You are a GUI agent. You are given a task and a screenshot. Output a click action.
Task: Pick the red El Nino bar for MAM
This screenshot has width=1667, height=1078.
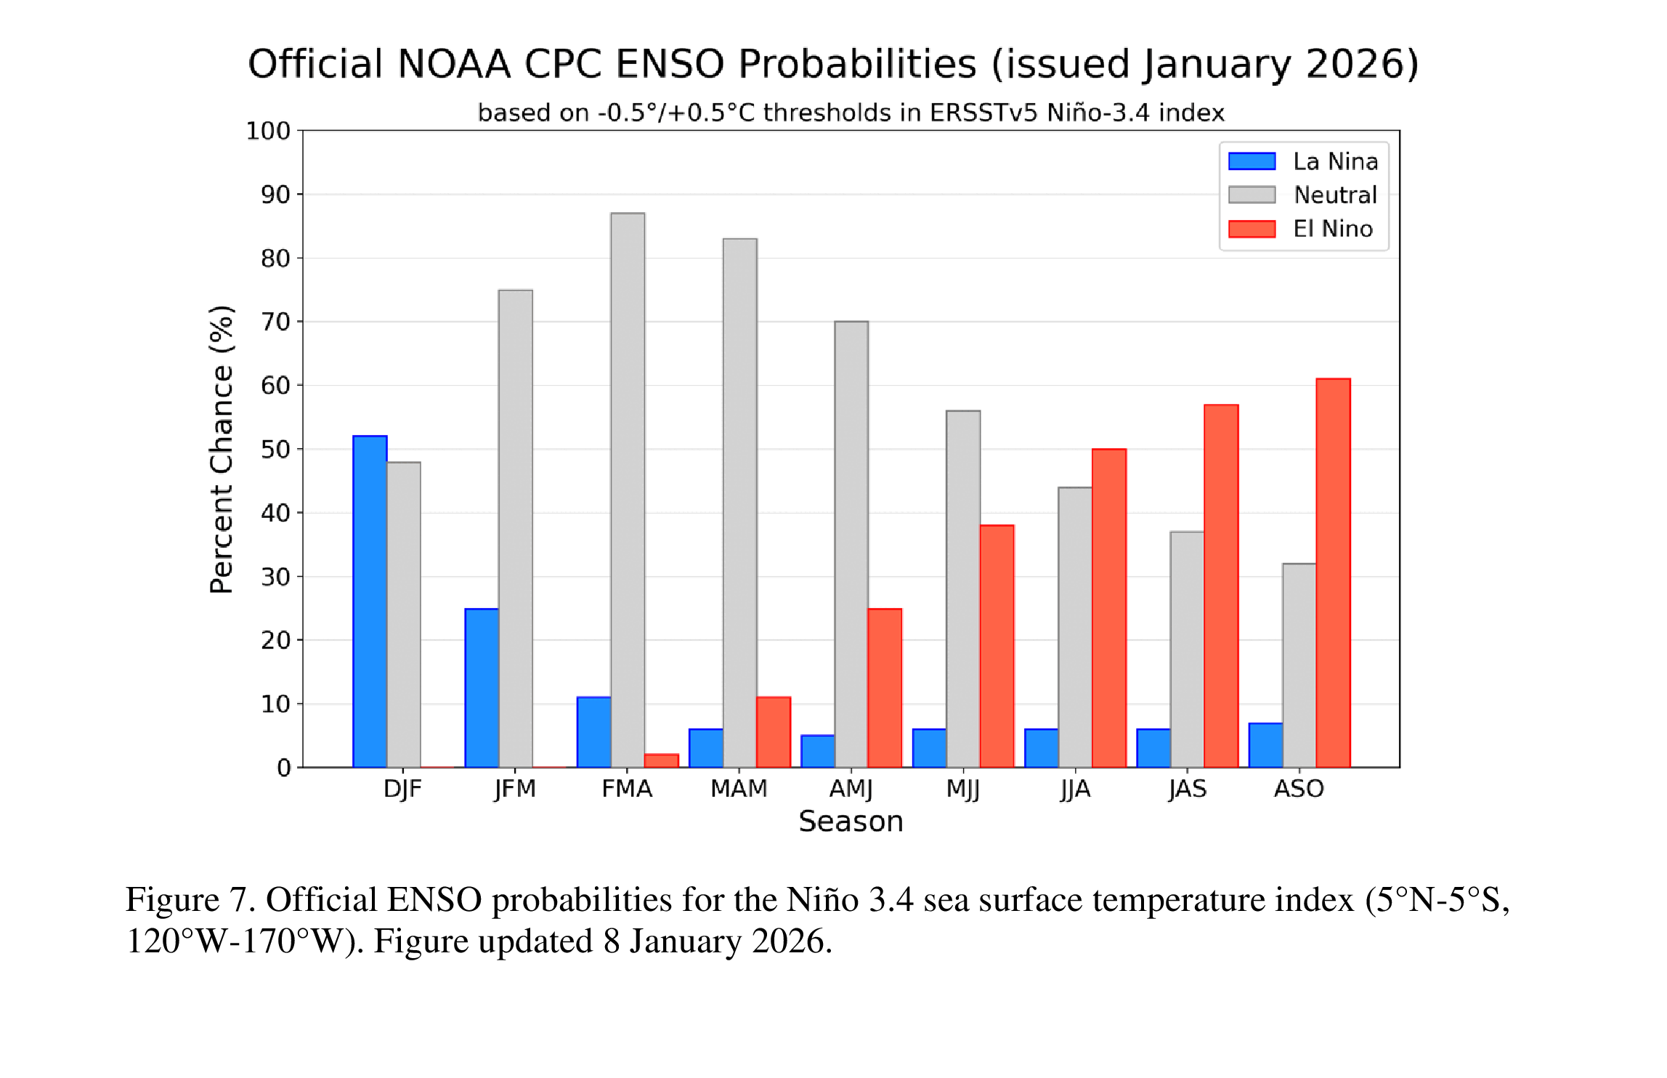[774, 732]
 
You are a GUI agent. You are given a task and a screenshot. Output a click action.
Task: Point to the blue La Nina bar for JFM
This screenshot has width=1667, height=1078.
[482, 688]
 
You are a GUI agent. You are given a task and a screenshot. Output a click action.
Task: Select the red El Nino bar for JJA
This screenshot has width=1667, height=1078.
[1109, 608]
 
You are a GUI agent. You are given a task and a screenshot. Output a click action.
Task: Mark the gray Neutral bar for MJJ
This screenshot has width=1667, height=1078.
[963, 589]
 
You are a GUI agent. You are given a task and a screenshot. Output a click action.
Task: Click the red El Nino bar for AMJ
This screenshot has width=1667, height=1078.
[885, 688]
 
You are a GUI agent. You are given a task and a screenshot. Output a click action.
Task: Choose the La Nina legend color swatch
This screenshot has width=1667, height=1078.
[1252, 161]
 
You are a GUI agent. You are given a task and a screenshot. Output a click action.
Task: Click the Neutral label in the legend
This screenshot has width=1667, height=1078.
[1335, 195]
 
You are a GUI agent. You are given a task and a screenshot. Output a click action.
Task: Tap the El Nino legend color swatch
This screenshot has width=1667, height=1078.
[1252, 229]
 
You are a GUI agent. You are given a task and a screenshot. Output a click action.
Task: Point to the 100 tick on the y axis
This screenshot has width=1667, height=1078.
[268, 131]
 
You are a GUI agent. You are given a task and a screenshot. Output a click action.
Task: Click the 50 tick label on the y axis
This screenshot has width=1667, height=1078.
[275, 450]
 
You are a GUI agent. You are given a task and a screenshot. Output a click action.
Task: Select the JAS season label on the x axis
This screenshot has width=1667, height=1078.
[1187, 789]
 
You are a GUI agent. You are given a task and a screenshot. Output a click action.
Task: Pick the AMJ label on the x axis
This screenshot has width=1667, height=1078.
[851, 789]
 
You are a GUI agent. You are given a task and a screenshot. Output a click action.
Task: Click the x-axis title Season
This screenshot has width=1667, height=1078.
[851, 822]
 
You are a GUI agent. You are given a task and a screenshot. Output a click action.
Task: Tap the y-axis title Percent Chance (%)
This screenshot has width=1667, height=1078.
[222, 450]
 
